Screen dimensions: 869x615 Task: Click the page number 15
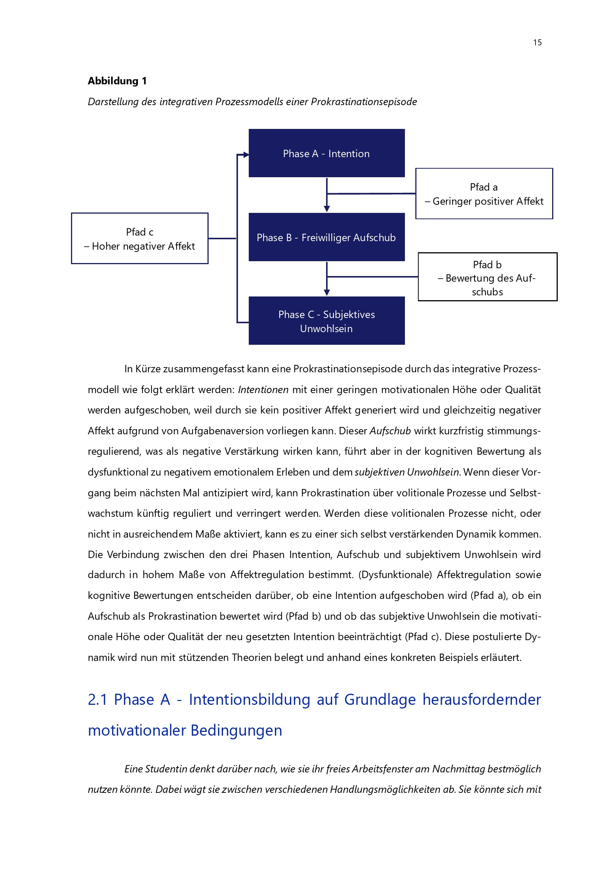pyautogui.click(x=537, y=42)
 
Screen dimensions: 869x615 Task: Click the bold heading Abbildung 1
pyautogui.click(x=117, y=81)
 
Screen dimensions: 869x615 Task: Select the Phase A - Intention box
pyautogui.click(x=326, y=153)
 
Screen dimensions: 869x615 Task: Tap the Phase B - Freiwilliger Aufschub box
pyautogui.click(x=326, y=237)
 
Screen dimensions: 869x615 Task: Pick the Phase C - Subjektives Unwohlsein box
pyautogui.click(x=326, y=321)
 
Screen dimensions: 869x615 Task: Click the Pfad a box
pyautogui.click(x=484, y=194)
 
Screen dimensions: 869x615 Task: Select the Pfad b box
pyautogui.click(x=487, y=277)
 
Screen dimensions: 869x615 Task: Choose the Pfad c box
pyautogui.click(x=139, y=239)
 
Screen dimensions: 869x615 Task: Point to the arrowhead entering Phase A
pyautogui.click(x=246, y=155)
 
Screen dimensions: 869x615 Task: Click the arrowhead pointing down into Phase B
pyautogui.click(x=327, y=209)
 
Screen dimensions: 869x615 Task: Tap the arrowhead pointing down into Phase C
pyautogui.click(x=327, y=292)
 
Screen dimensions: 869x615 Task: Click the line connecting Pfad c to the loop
pyautogui.click(x=222, y=239)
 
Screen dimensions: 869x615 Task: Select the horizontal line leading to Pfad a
pyautogui.click(x=371, y=194)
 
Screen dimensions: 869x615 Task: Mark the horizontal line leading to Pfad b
pyautogui.click(x=373, y=277)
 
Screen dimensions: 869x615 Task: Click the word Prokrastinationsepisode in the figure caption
pyautogui.click(x=364, y=102)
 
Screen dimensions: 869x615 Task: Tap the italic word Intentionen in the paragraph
pyautogui.click(x=263, y=390)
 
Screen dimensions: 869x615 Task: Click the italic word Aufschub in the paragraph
pyautogui.click(x=390, y=431)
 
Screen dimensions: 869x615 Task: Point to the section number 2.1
pyautogui.click(x=98, y=700)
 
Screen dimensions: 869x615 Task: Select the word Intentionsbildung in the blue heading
pyautogui.click(x=249, y=700)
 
